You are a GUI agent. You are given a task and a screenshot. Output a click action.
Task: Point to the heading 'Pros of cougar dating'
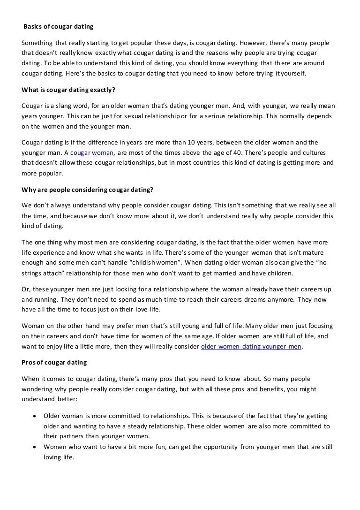click(54, 363)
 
